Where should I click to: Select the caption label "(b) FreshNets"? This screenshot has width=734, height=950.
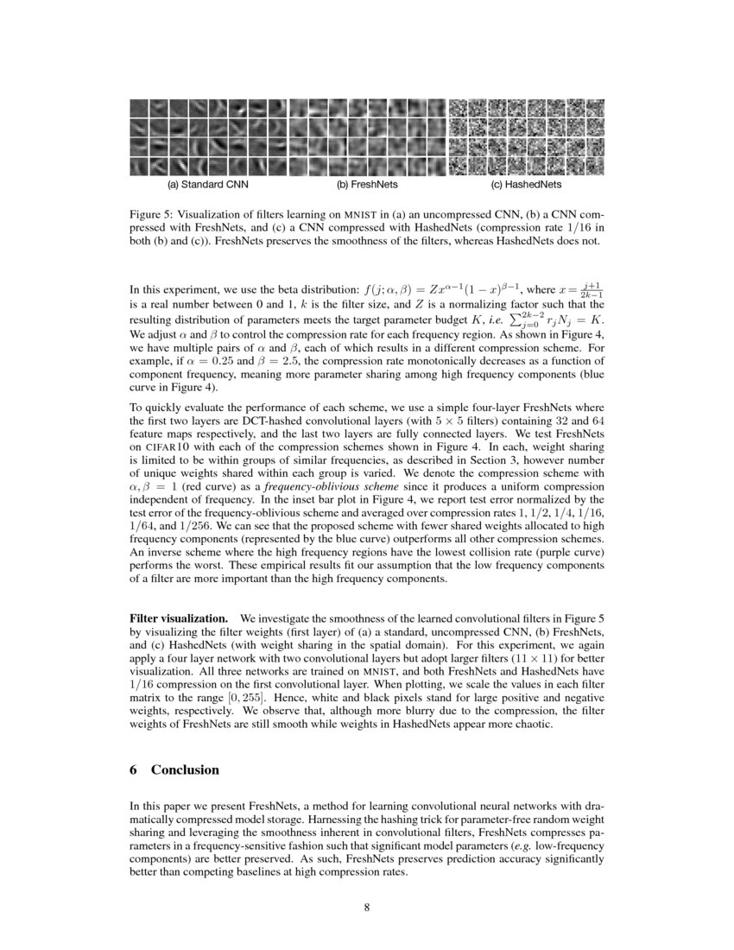pyautogui.click(x=367, y=185)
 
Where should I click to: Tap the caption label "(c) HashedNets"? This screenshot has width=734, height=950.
pyautogui.click(x=526, y=185)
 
